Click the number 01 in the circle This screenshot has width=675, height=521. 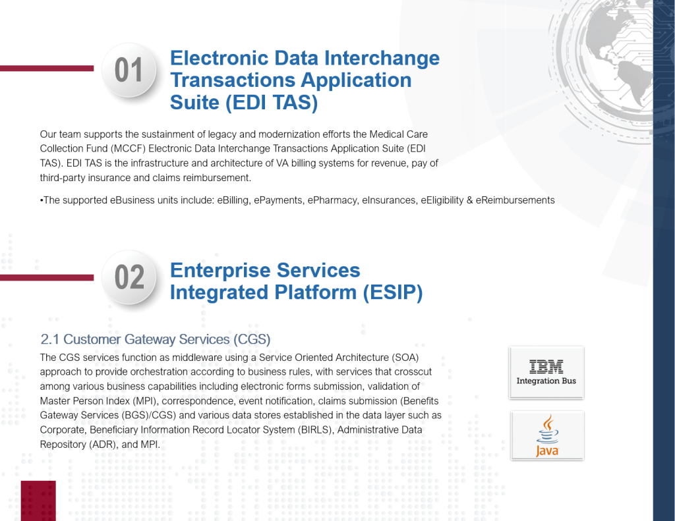(x=129, y=70)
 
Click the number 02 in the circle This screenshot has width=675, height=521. (x=129, y=277)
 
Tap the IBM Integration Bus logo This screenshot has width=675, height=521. (x=546, y=373)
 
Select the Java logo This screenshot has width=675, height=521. (x=547, y=435)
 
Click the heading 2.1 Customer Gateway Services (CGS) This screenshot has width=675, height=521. (x=156, y=339)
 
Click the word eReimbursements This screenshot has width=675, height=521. (x=515, y=200)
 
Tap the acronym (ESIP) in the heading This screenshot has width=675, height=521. (x=393, y=292)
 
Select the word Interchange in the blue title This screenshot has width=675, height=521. (x=382, y=59)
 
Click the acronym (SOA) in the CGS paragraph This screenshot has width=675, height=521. (x=405, y=358)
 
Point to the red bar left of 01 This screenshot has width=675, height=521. (x=47, y=69)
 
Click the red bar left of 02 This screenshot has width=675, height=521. (x=47, y=277)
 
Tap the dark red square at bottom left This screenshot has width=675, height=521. (x=38, y=501)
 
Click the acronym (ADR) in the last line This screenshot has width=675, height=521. (x=103, y=445)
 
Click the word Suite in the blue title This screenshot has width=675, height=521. (x=195, y=103)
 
